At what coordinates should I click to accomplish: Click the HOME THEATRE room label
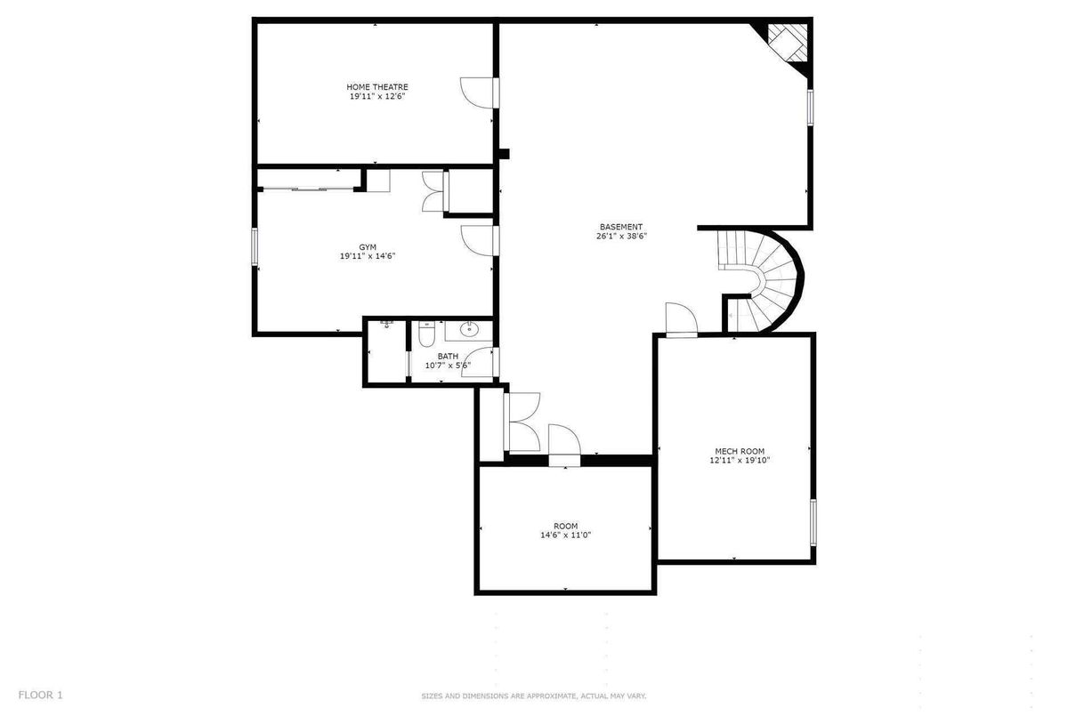pyautogui.click(x=376, y=87)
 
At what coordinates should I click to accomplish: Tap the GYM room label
pyautogui.click(x=367, y=247)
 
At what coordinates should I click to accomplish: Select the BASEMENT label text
pyautogui.click(x=621, y=227)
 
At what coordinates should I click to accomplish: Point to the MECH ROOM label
pyautogui.click(x=740, y=451)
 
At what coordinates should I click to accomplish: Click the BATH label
pyautogui.click(x=448, y=356)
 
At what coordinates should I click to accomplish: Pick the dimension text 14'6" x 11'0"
pyautogui.click(x=565, y=535)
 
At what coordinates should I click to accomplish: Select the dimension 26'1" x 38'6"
pyautogui.click(x=621, y=236)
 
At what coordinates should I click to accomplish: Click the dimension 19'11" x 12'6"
pyautogui.click(x=376, y=96)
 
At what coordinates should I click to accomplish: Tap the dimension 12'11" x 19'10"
pyautogui.click(x=740, y=460)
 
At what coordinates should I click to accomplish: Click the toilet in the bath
pyautogui.click(x=426, y=334)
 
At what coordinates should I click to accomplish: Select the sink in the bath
pyautogui.click(x=470, y=327)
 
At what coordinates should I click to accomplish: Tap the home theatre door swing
pyautogui.click(x=477, y=93)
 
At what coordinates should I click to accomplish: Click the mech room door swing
pyautogui.click(x=682, y=318)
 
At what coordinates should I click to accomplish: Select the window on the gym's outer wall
pyautogui.click(x=255, y=246)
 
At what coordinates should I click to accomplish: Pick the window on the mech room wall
pyautogui.click(x=813, y=522)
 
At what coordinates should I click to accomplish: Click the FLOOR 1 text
pyautogui.click(x=41, y=695)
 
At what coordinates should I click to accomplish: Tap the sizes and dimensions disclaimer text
pyautogui.click(x=533, y=696)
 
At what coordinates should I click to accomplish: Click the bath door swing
pyautogui.click(x=478, y=362)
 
